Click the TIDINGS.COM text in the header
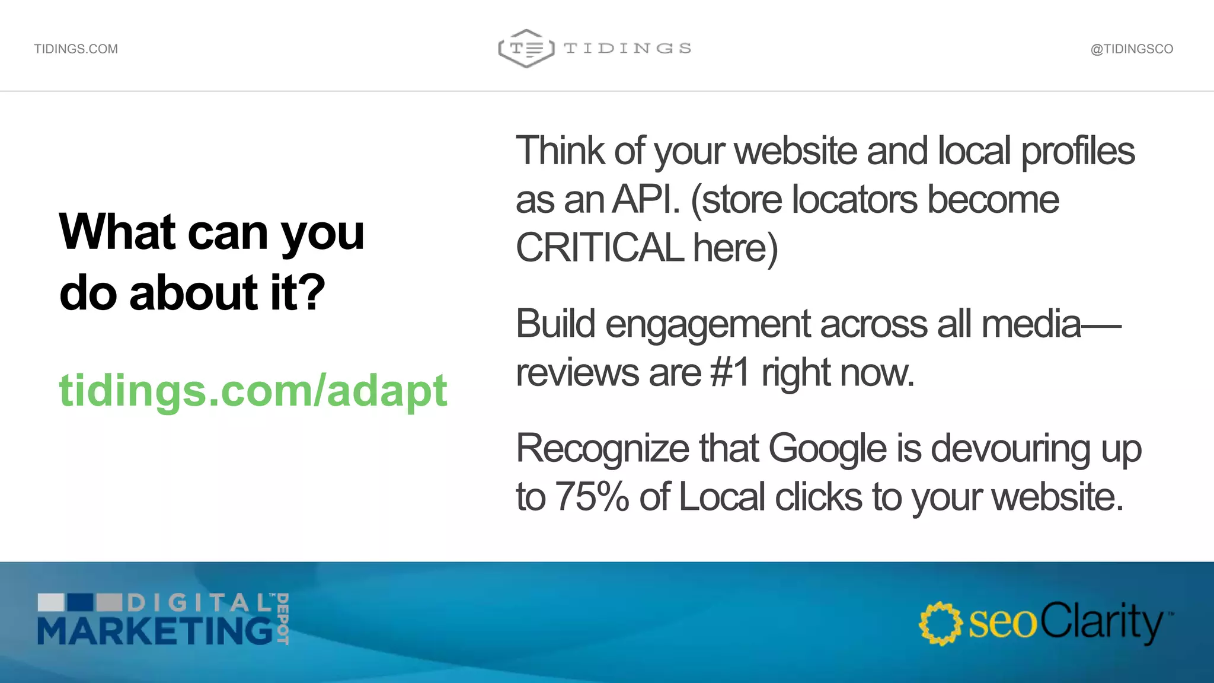[x=76, y=49]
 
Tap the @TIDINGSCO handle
[x=1132, y=49]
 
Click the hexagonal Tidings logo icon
[x=526, y=49]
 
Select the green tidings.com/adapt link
[x=253, y=391]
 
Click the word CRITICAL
[x=600, y=248]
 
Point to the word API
[x=646, y=199]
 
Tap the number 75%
[x=592, y=497]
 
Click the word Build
[x=555, y=324]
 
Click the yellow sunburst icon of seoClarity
[x=940, y=623]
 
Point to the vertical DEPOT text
[x=283, y=618]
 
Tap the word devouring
[x=1011, y=448]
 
